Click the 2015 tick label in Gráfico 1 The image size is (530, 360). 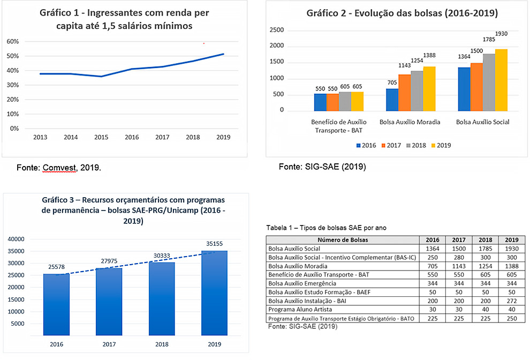pyautogui.click(x=102, y=137)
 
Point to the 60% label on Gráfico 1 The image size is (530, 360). pyautogui.click(x=13, y=42)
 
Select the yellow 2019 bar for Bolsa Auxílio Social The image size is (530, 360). pyautogui.click(x=501, y=80)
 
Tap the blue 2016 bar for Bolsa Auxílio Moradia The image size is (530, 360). pyautogui.click(x=392, y=100)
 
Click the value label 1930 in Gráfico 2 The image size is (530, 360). pyautogui.click(x=501, y=34)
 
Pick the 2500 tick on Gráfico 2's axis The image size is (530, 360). pyautogui.click(x=277, y=30)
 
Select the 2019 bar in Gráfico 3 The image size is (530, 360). pyautogui.click(x=215, y=292)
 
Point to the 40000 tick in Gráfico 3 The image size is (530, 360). pyautogui.click(x=17, y=239)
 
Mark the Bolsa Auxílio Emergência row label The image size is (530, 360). pyautogui.click(x=302, y=283)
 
